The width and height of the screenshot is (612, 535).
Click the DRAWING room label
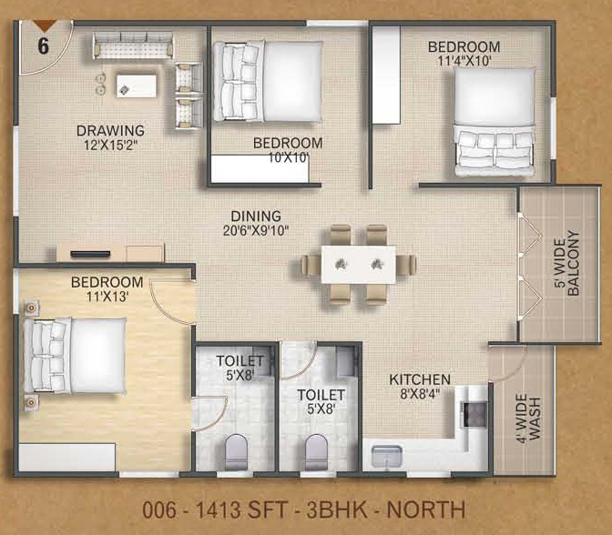[x=110, y=129]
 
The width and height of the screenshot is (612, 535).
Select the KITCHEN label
[x=419, y=379]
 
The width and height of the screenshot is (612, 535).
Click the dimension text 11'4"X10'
[x=464, y=60]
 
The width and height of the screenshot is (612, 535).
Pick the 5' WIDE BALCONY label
[x=565, y=264]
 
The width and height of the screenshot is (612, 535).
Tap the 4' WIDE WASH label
[x=527, y=417]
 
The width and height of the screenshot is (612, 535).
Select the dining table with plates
[x=358, y=264]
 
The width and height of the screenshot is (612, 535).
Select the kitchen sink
[x=386, y=454]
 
